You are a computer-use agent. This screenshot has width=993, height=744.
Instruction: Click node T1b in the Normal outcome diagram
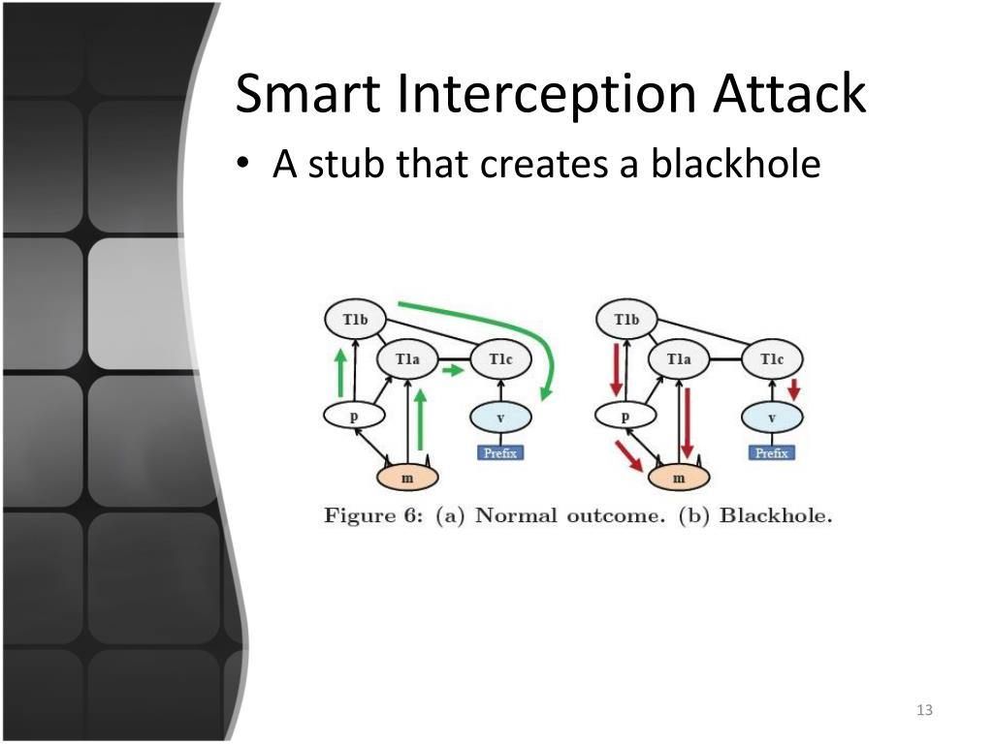[x=354, y=319]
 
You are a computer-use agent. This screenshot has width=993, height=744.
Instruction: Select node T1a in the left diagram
[x=407, y=359]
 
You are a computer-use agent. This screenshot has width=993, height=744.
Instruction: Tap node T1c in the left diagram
[x=500, y=359]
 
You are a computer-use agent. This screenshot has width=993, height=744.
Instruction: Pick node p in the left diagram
[x=354, y=417]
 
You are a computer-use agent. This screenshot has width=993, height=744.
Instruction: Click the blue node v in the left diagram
[x=500, y=418]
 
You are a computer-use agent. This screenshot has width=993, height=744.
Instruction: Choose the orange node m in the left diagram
[x=407, y=477]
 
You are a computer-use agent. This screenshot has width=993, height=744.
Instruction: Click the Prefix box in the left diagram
[x=500, y=452]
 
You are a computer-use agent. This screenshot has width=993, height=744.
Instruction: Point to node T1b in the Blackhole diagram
[x=626, y=319]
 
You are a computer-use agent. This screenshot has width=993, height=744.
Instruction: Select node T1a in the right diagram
[x=679, y=359]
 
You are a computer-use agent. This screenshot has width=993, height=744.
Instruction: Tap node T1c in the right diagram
[x=772, y=359]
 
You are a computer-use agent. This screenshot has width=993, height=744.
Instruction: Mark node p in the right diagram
[x=625, y=417]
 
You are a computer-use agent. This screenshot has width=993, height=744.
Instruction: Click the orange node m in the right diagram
[x=679, y=477]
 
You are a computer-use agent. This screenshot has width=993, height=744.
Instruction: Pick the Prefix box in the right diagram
[x=772, y=452]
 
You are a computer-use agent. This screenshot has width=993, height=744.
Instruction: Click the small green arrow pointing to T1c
[x=451, y=370]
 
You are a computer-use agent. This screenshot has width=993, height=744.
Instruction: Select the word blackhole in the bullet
[x=735, y=164]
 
